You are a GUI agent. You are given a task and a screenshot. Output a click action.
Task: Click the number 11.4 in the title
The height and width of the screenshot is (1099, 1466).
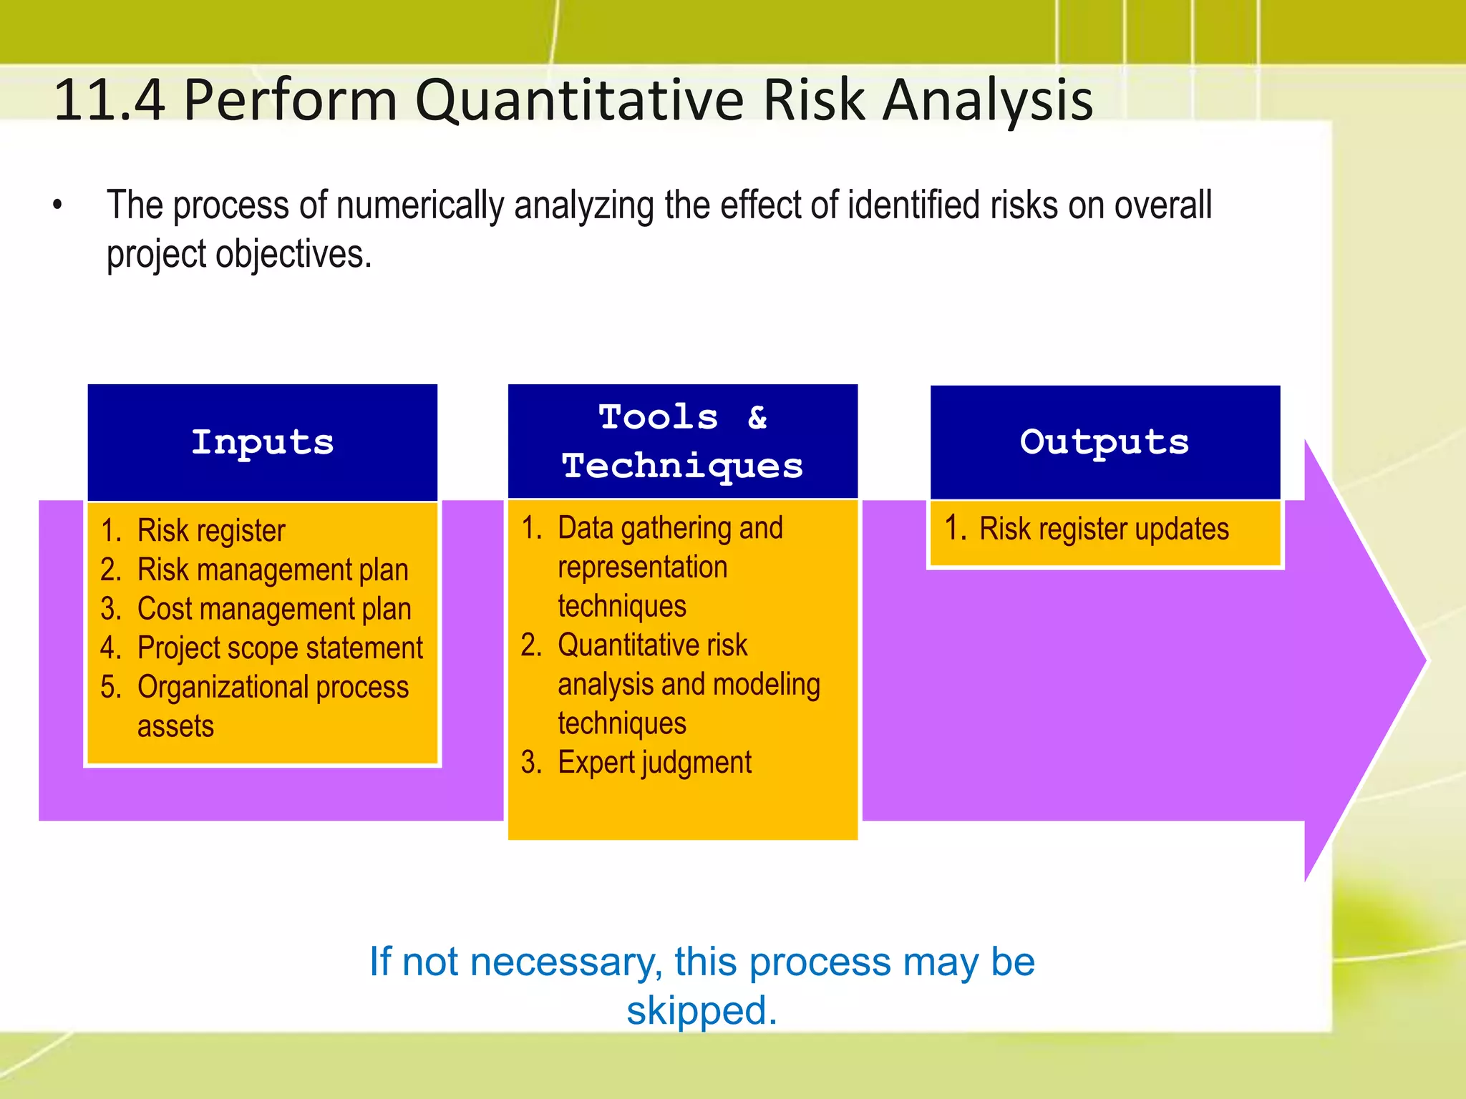click(x=109, y=100)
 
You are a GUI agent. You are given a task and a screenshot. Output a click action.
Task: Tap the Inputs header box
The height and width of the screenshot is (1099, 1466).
click(x=263, y=442)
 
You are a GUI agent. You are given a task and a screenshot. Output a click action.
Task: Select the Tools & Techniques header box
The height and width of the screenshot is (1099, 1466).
click(x=682, y=441)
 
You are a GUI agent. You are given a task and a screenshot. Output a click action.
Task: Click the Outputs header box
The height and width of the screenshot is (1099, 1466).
click(x=1105, y=442)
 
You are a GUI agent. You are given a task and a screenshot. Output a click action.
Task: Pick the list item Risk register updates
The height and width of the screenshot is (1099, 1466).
click(x=1103, y=529)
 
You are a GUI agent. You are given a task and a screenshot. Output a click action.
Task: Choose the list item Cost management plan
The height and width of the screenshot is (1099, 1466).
click(x=273, y=609)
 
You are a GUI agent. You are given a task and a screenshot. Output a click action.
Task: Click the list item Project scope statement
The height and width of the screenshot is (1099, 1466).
click(x=279, y=648)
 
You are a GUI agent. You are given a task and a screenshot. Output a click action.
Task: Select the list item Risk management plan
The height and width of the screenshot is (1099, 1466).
click(x=272, y=570)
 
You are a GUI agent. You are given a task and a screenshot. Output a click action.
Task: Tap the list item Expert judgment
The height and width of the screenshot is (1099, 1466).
click(x=654, y=763)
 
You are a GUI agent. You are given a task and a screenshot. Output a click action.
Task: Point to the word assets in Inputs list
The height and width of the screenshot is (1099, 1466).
click(x=175, y=726)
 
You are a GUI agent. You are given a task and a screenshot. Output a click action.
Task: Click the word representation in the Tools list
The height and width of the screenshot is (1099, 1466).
click(x=642, y=567)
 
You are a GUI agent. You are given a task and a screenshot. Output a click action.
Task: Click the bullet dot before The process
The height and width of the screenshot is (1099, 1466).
click(x=58, y=206)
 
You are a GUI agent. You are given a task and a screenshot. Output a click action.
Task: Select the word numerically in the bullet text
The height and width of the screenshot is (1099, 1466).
click(x=420, y=205)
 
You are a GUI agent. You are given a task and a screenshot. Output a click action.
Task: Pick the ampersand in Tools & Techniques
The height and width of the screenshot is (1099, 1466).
click(x=757, y=416)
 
